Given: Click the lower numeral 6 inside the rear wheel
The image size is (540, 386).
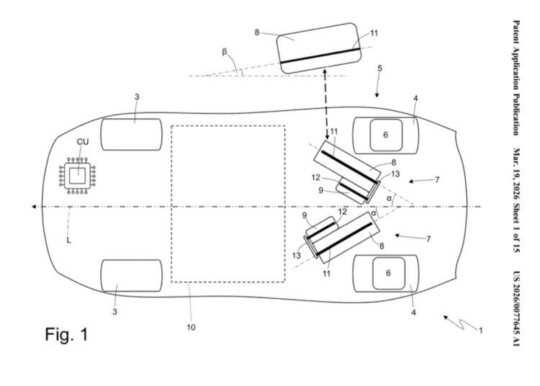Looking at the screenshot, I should [385, 273].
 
